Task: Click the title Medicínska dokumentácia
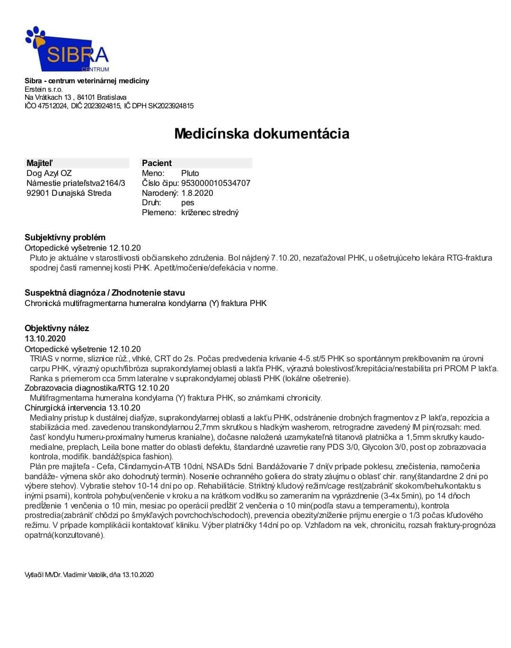point(262,133)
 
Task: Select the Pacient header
point(157,163)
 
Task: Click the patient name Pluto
point(190,173)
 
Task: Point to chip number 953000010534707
point(216,183)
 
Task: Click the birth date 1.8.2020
point(197,193)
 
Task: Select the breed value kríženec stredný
point(210,212)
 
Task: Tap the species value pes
point(188,202)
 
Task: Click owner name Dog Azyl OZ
point(49,173)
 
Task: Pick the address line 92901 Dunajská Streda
point(69,193)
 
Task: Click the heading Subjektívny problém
point(65,237)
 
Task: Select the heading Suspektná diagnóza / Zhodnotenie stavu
point(105,293)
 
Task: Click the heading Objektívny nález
point(57,328)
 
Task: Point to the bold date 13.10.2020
point(45,339)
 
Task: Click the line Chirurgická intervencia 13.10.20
point(82,408)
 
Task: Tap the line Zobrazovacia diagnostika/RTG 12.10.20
point(97,388)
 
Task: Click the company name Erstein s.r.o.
point(44,89)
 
